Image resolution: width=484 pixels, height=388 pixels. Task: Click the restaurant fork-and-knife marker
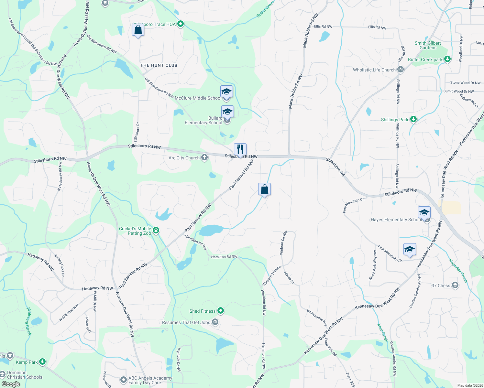tap(240, 149)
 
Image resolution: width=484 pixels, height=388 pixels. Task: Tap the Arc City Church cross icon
tap(204, 157)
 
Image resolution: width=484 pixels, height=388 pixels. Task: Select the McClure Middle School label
tap(198, 98)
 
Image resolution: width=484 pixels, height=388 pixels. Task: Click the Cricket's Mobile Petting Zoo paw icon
tap(156, 231)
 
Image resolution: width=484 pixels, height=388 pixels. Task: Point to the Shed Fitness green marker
tap(221, 311)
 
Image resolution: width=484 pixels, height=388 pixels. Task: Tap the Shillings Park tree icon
tap(413, 119)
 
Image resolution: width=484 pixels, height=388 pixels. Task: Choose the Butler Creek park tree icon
tap(447, 59)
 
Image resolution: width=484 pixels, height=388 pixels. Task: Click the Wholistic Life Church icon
tap(401, 70)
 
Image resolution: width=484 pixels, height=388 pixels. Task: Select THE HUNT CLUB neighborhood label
tap(159, 65)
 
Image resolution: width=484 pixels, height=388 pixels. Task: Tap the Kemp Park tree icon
tap(42, 361)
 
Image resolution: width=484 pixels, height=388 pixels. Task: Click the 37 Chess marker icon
tap(455, 285)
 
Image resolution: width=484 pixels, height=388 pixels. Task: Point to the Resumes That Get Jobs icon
tap(215, 322)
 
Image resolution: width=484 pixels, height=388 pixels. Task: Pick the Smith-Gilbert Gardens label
tap(428, 45)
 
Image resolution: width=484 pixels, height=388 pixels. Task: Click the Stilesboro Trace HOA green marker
tap(181, 24)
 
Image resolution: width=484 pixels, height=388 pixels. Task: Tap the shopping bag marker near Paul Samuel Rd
tap(264, 189)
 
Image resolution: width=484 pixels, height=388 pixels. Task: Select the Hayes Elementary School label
tap(396, 220)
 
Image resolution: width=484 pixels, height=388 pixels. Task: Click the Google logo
tap(11, 384)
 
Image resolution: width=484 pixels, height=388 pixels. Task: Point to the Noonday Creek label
tap(458, 270)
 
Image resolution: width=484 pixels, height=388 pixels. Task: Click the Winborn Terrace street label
tap(271, 276)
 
